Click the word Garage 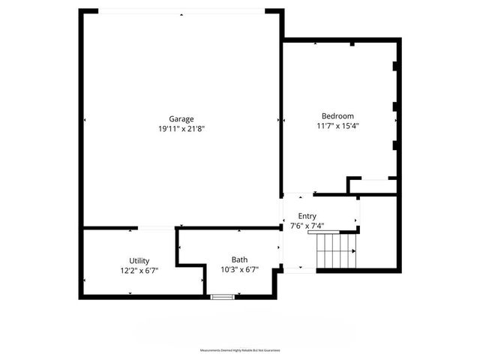point(181,118)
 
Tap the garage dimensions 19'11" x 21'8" point(181,128)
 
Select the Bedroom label point(337,115)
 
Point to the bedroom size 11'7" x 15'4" point(337,126)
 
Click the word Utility point(139,260)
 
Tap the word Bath point(239,260)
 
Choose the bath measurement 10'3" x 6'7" point(239,270)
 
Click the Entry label point(307,216)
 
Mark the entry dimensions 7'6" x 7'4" point(307,225)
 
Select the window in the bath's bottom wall point(222,297)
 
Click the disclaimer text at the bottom point(239,350)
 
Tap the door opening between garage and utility point(156,228)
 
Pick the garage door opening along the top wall point(181,10)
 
